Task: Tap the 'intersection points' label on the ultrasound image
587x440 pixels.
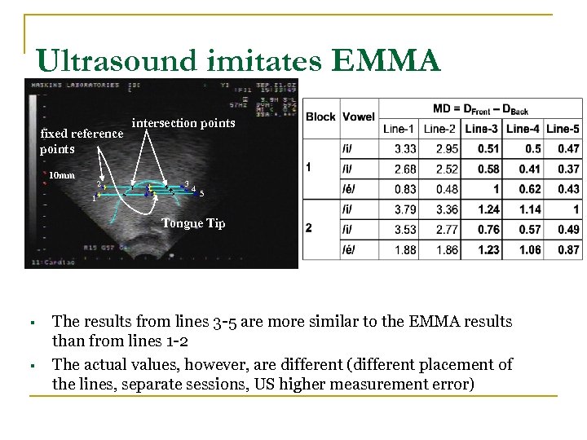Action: coord(183,123)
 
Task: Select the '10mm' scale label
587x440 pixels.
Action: coord(62,175)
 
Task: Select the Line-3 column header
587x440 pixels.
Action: coord(481,129)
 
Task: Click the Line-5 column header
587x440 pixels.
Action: coord(563,129)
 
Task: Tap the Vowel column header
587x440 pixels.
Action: coord(359,117)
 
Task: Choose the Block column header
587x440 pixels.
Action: coord(320,117)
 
